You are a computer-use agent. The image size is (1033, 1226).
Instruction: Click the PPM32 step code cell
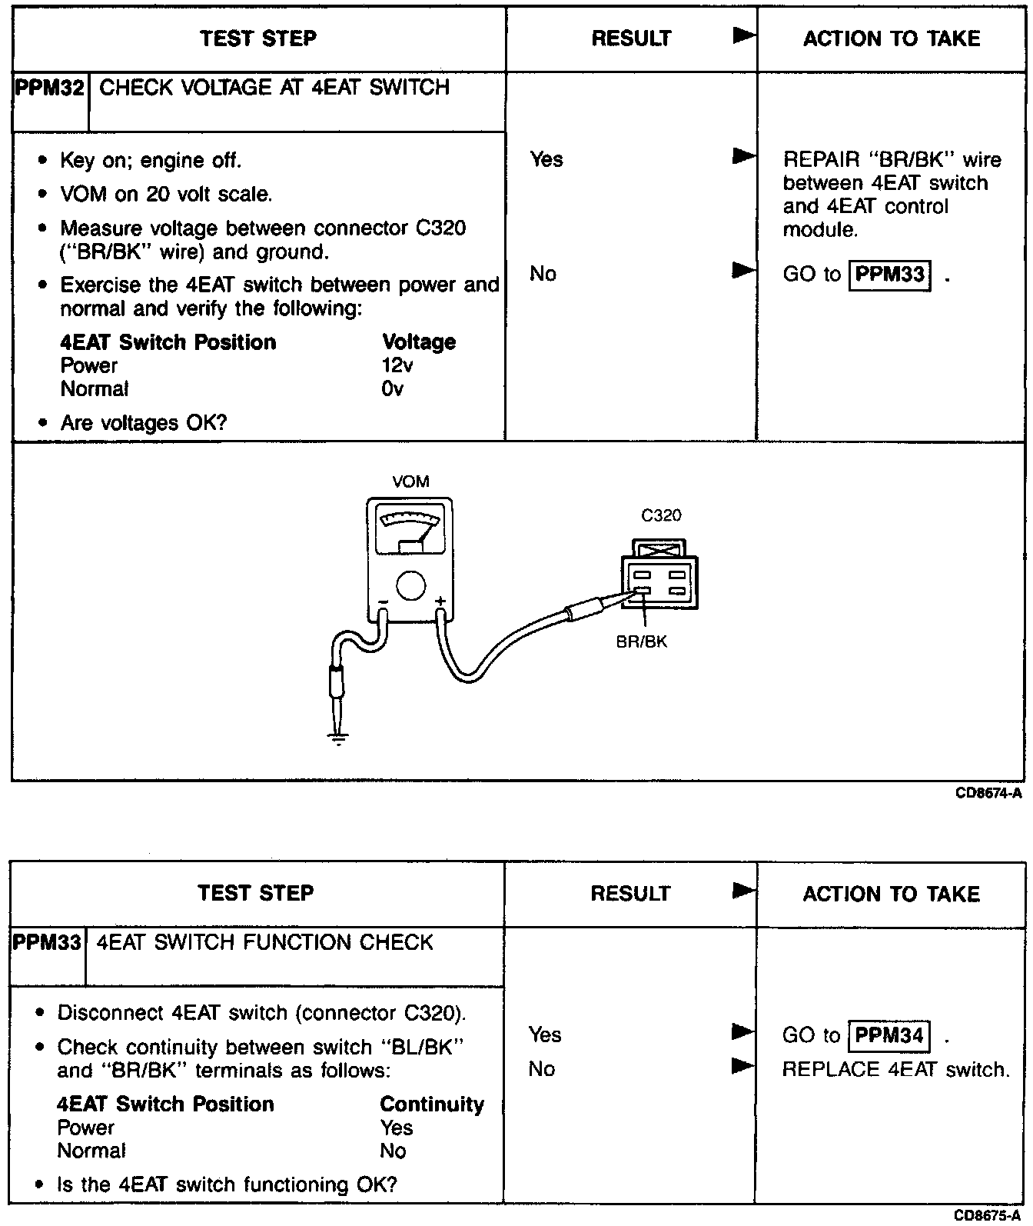click(50, 88)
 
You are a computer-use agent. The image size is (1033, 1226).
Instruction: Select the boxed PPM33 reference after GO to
click(890, 274)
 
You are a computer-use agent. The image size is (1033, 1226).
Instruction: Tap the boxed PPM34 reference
click(889, 1035)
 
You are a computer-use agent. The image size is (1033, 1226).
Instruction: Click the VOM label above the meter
click(410, 482)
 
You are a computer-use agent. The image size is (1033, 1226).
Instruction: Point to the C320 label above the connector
click(661, 515)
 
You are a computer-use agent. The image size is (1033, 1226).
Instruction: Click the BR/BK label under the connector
click(642, 641)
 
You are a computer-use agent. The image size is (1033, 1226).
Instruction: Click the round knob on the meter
click(411, 585)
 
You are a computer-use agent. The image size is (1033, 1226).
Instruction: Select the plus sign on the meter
click(440, 601)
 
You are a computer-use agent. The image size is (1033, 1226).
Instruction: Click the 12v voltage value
click(397, 365)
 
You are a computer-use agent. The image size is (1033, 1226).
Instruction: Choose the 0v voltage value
click(392, 389)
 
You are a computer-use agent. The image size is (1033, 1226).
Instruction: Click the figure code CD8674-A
click(988, 794)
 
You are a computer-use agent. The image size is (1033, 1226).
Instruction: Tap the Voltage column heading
click(419, 342)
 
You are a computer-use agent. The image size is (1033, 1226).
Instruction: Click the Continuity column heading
click(432, 1104)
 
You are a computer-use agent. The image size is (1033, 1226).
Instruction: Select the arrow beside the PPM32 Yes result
click(743, 158)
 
